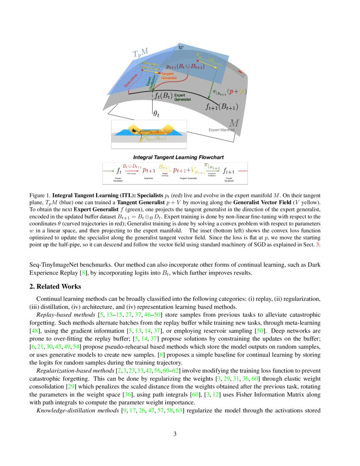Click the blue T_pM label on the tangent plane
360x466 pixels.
pyautogui.click(x=141, y=53)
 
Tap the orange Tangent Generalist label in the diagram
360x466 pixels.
pyautogui.click(x=169, y=76)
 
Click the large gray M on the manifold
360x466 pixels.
pyautogui.click(x=233, y=123)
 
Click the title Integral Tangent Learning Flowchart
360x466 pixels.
pyautogui.click(x=178, y=158)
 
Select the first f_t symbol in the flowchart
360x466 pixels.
pyautogui.click(x=119, y=171)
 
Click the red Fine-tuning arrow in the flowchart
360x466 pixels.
pyautogui.click(x=132, y=170)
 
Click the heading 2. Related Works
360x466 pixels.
pyautogui.click(x=55, y=287)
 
